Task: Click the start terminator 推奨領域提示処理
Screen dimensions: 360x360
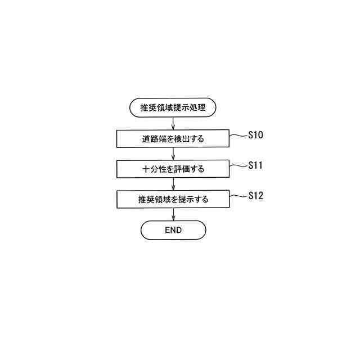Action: coord(173,107)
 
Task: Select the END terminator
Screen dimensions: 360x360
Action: coord(173,230)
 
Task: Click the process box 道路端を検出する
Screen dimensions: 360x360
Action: coord(173,138)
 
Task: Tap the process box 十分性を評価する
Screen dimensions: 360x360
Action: coord(173,169)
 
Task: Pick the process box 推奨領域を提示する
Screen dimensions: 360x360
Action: coord(173,199)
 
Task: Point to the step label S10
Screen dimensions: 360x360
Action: coord(255,135)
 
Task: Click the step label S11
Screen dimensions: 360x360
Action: coord(255,165)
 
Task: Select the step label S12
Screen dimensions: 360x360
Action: coord(255,196)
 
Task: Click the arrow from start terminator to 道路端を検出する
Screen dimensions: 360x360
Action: coord(173,123)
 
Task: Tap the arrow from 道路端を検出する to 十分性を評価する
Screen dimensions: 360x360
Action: coord(173,154)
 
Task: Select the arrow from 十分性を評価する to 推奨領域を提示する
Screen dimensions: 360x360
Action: coord(173,184)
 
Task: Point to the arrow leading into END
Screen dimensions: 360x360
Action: coord(173,214)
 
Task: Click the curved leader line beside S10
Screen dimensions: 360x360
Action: coord(238,136)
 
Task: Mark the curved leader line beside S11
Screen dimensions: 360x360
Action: coord(238,166)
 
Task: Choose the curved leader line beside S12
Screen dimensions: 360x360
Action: coord(238,196)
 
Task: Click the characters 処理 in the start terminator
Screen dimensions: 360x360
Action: coord(199,107)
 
